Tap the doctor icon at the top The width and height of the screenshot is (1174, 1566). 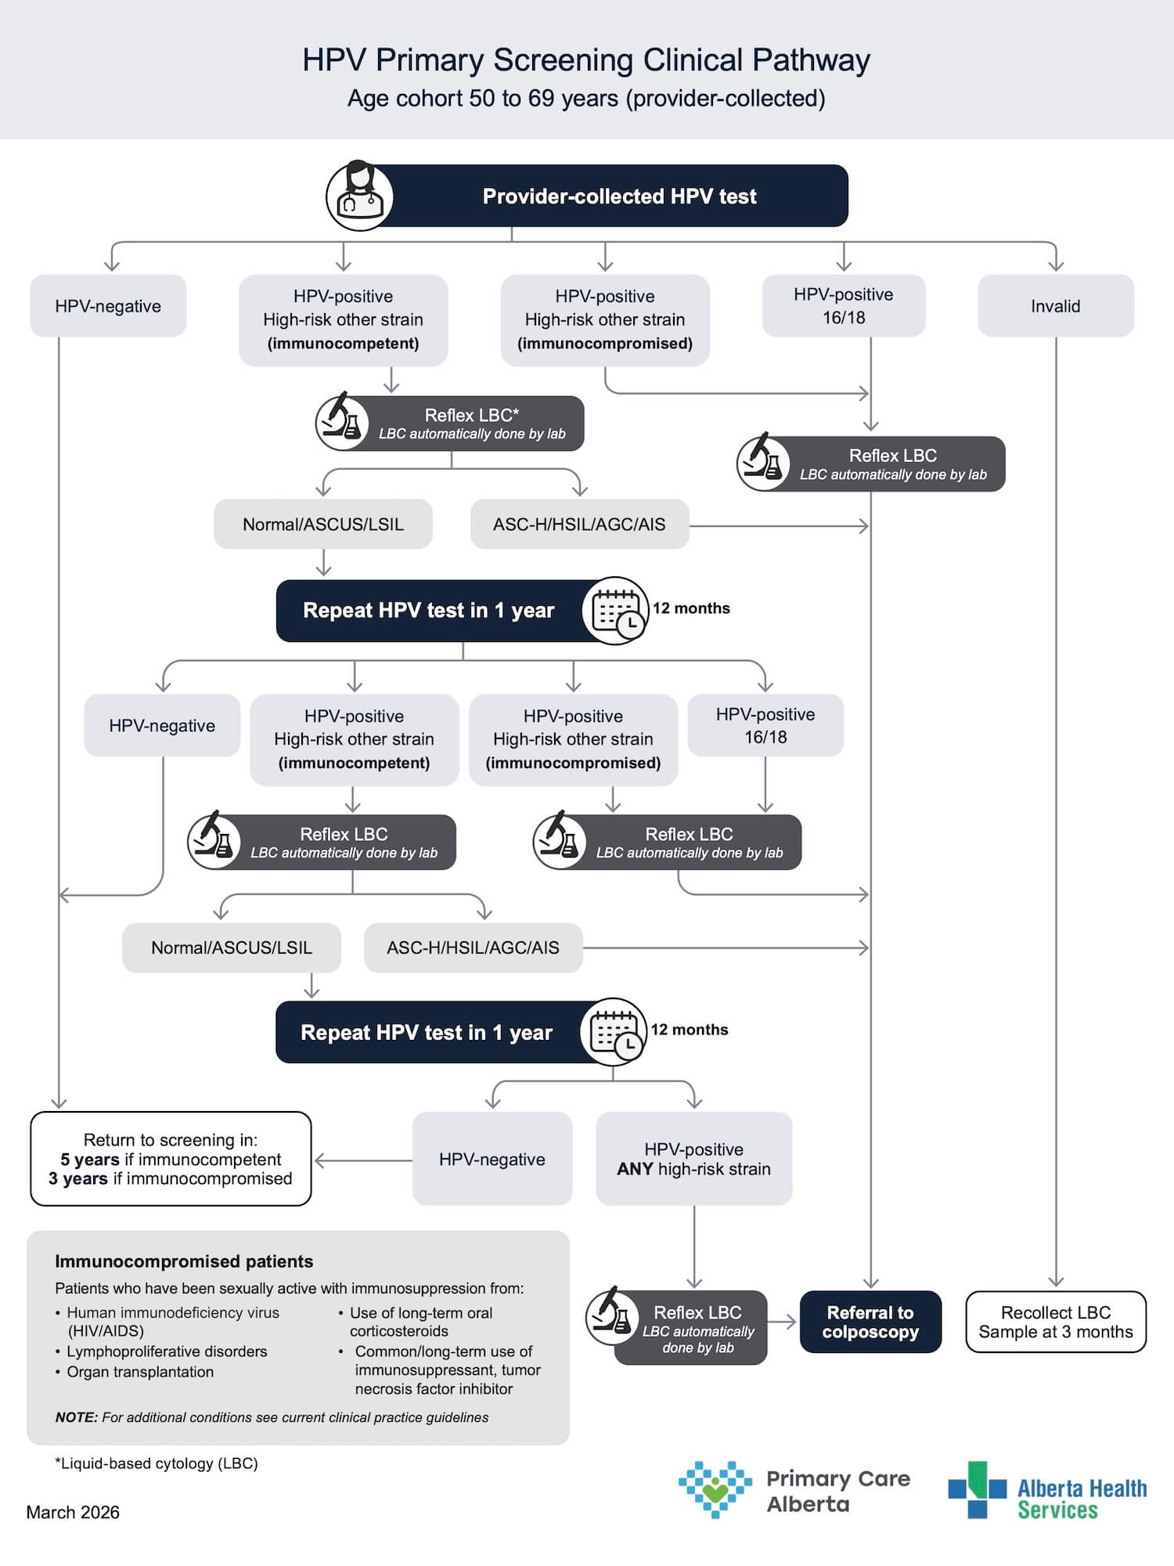point(359,196)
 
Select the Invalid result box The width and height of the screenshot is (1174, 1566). point(1056,305)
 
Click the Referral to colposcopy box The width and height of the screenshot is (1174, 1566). point(870,1322)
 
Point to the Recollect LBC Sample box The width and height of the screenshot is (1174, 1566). point(1056,1322)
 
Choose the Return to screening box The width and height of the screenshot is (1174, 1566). point(171,1159)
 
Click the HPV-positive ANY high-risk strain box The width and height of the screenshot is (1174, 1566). point(693,1159)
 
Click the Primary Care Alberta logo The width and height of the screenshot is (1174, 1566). point(794,1489)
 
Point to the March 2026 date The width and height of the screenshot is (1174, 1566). point(73,1512)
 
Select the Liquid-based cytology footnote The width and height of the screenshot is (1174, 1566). point(156,1463)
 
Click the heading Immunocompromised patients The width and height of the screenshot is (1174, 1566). point(184,1261)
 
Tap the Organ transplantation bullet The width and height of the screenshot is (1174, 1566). point(135,1372)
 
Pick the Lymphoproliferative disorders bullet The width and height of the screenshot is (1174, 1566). point(161,1351)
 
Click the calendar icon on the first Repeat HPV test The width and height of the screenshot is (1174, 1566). point(616,611)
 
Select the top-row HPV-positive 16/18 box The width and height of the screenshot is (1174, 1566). point(844,305)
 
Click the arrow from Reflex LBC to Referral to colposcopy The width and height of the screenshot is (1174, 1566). point(782,1322)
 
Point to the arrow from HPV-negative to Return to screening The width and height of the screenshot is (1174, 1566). point(363,1160)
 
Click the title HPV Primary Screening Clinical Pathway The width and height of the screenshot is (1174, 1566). point(586,60)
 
